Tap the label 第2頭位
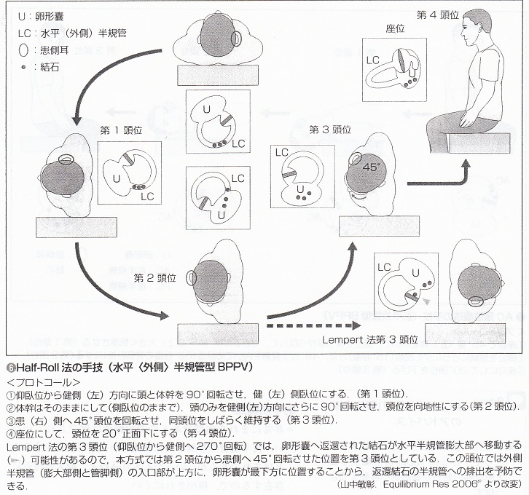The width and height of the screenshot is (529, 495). pyautogui.click(x=155, y=277)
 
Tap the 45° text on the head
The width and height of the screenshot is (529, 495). pyautogui.click(x=372, y=166)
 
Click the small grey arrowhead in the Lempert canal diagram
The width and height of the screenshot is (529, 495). pyautogui.click(x=427, y=299)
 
